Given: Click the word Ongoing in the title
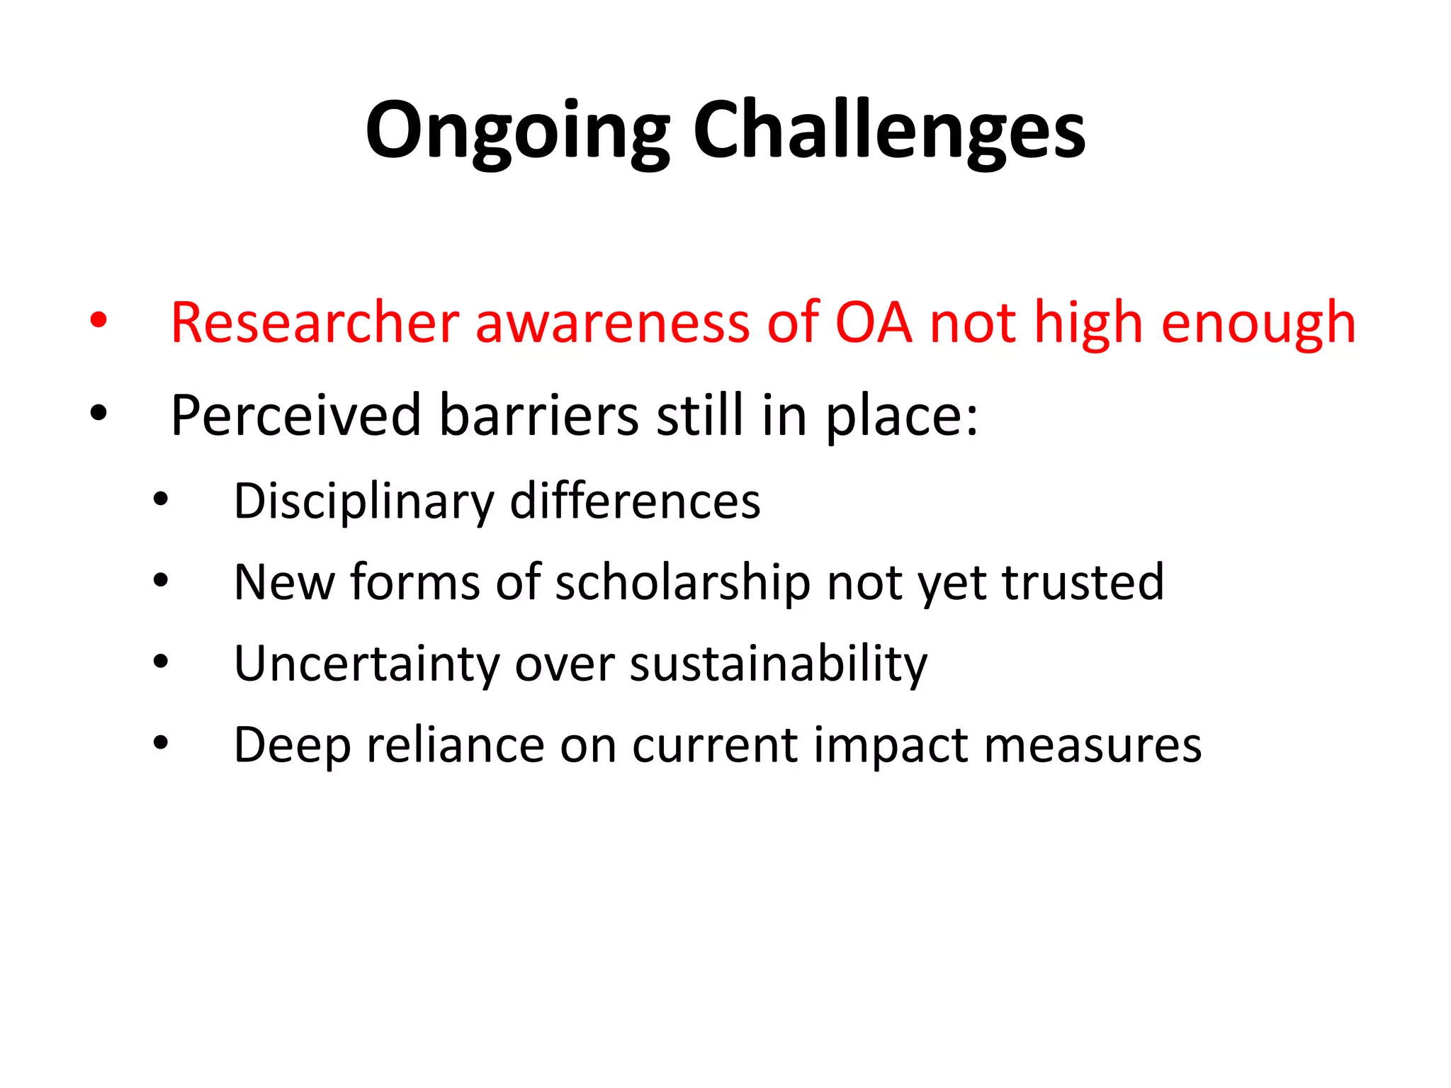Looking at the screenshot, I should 517,131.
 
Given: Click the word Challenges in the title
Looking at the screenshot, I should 888,131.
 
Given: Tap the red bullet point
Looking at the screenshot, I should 98,320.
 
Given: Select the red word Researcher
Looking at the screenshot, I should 315,323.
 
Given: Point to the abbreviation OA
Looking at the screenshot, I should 873,323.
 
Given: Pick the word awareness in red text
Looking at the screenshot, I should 612,323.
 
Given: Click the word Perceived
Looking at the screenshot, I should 296,416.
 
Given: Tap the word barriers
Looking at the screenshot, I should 538,416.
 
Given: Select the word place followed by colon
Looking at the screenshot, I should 901,416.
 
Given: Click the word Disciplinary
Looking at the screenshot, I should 363,501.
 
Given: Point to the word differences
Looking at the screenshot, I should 635,501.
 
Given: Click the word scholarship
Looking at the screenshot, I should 682,583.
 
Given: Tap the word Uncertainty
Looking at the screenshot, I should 367,664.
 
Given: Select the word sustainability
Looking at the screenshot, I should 778,664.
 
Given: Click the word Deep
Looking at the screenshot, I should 292,746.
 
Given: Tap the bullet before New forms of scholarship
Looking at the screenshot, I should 161,581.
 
